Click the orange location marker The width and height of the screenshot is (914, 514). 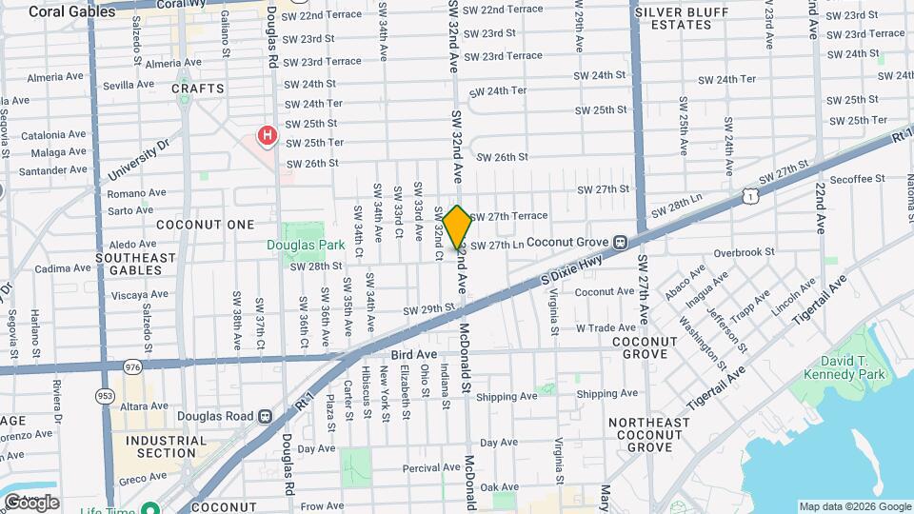pos(457,227)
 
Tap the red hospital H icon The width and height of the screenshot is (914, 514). pos(268,136)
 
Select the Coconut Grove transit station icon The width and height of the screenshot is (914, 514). pos(620,242)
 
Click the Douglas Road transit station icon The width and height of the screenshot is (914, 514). pos(265,415)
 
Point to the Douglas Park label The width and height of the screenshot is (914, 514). pos(305,245)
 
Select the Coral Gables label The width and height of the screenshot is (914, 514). pos(64,11)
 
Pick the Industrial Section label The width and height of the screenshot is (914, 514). pos(160,446)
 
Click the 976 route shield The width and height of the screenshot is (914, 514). pos(131,366)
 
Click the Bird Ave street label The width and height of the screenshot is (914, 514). pos(412,354)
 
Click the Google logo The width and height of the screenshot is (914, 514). pos(30,503)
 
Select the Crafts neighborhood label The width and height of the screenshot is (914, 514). pos(198,89)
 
